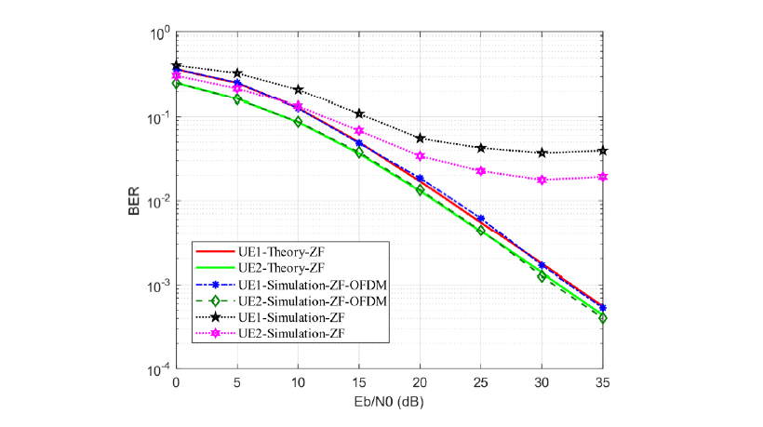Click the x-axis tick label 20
[x=421, y=382]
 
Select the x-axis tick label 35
[x=603, y=382]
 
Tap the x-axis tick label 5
[x=237, y=382]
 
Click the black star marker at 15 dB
[x=359, y=113]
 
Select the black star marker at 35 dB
[x=603, y=150]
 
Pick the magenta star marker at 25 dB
[x=481, y=171]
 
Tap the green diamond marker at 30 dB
[x=542, y=276]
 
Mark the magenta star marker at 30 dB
[x=542, y=180]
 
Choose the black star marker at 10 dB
[x=298, y=89]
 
